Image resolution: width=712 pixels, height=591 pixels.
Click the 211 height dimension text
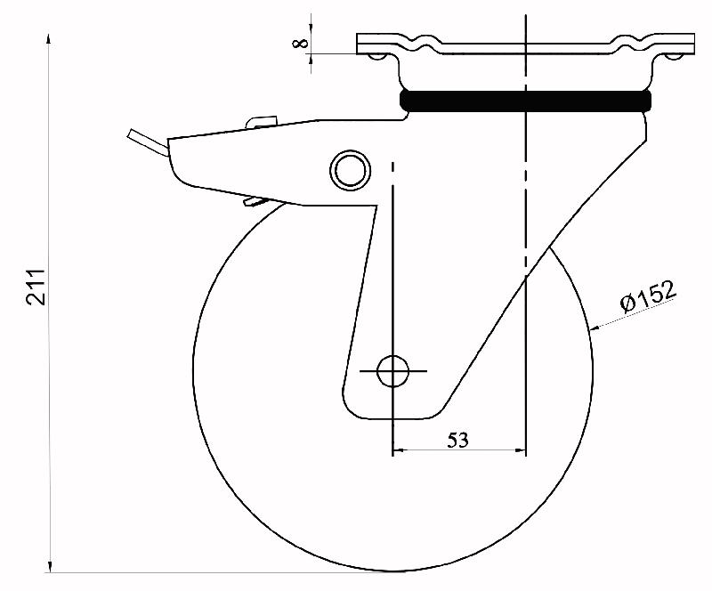(x=36, y=287)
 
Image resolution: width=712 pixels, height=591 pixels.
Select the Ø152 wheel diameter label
(x=649, y=296)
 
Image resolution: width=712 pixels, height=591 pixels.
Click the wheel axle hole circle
(x=392, y=370)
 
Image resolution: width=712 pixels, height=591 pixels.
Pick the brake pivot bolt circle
(x=348, y=168)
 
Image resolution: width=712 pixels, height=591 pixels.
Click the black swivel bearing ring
(x=525, y=100)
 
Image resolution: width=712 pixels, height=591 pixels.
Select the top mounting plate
(x=525, y=43)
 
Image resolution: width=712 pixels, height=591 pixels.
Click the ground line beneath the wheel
(x=222, y=571)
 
